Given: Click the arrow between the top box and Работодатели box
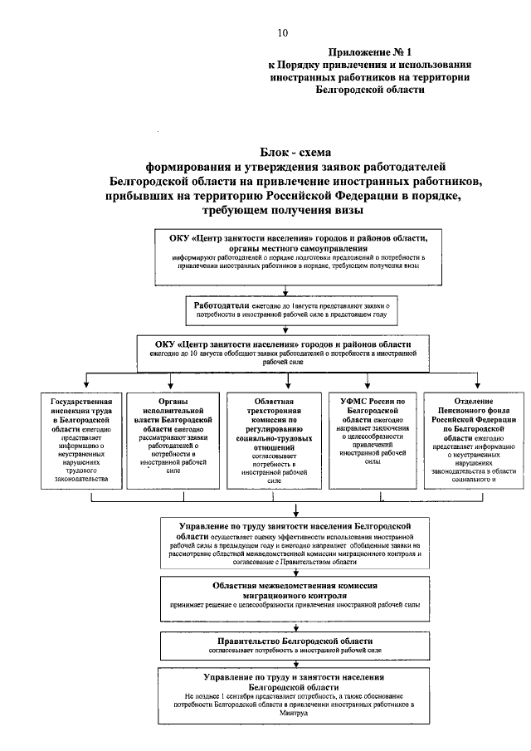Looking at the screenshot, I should click(x=285, y=290).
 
